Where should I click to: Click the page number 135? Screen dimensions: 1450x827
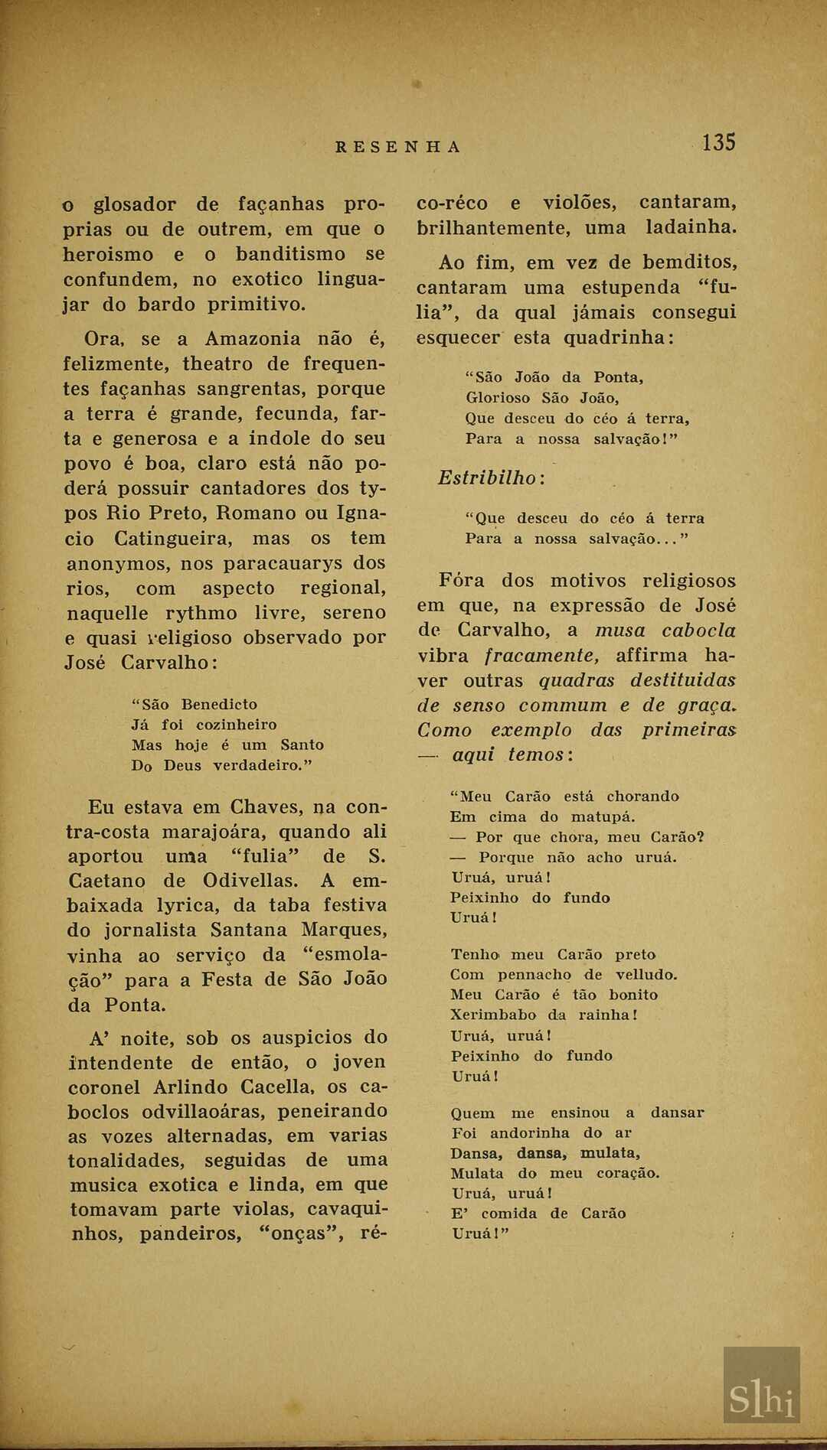pyautogui.click(x=718, y=142)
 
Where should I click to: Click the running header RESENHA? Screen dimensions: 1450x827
pyautogui.click(x=398, y=147)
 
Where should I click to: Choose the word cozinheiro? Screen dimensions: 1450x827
pyautogui.click(x=237, y=725)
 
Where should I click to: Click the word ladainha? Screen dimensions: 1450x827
pyautogui.click(x=691, y=228)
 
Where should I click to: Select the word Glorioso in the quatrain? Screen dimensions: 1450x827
pyautogui.click(x=498, y=398)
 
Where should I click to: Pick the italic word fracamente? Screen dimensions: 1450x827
pyautogui.click(x=541, y=656)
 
